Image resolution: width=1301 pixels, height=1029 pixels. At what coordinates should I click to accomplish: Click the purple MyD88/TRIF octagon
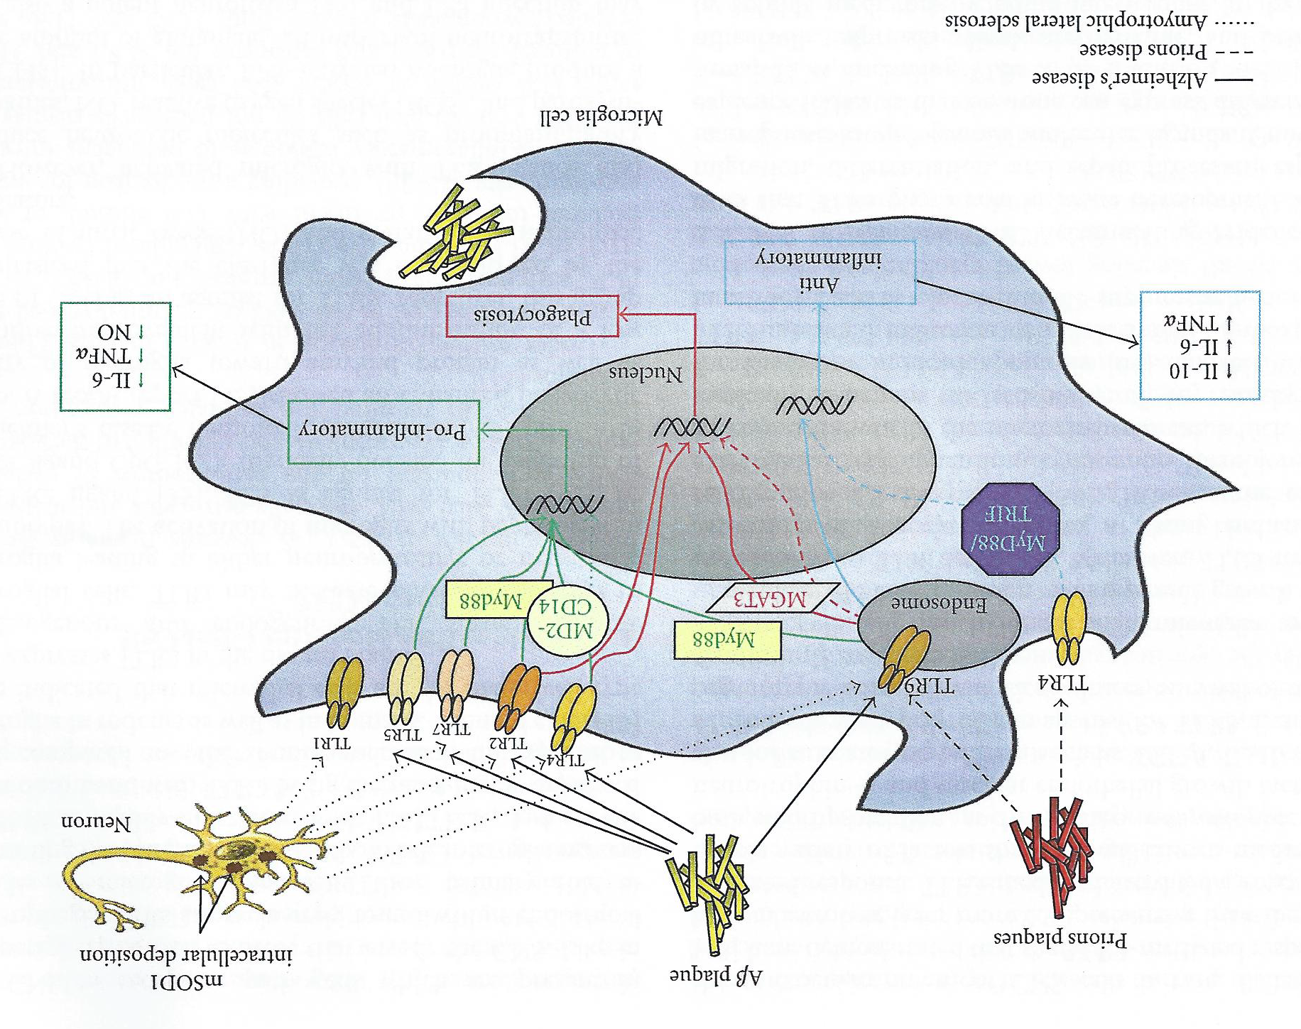click(x=1009, y=528)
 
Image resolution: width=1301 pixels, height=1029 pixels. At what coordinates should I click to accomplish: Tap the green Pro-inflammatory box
click(x=383, y=432)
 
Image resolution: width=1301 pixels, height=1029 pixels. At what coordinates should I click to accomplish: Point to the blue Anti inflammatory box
click(x=820, y=272)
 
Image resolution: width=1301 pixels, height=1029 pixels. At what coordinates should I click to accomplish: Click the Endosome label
click(x=939, y=604)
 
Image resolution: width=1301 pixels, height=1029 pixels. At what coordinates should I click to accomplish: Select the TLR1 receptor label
click(x=332, y=743)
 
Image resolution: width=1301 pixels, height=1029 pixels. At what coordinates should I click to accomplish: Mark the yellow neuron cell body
click(x=234, y=854)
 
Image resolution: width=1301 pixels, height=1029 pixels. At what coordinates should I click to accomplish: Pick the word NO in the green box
click(x=114, y=332)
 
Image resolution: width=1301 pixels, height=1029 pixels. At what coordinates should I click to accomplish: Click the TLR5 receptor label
click(x=403, y=734)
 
